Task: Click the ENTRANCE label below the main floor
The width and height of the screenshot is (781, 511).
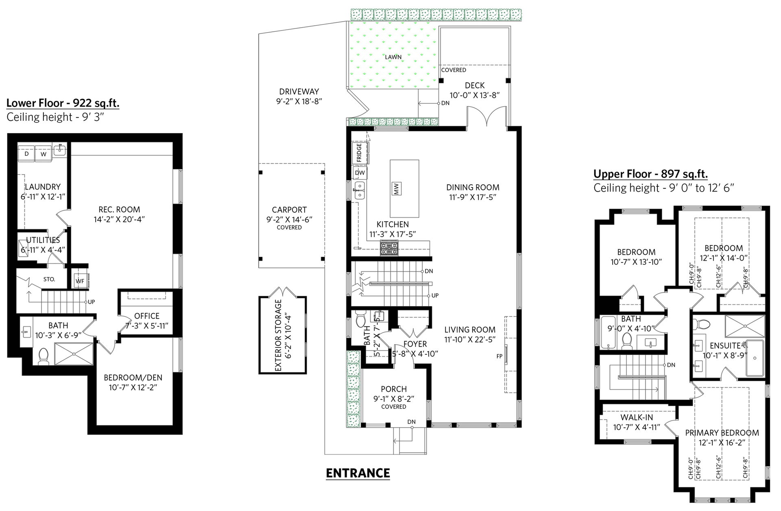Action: [358, 473]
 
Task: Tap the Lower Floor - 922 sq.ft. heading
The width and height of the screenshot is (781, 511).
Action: [63, 103]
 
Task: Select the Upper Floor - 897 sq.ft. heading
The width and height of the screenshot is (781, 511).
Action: [650, 174]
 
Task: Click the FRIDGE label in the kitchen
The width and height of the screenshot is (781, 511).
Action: [359, 153]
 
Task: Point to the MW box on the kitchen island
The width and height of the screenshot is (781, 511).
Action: [397, 188]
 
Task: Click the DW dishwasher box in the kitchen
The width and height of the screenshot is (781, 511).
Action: [360, 173]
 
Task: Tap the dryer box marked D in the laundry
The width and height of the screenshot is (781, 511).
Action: [27, 154]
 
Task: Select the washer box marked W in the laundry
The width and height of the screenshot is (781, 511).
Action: [44, 154]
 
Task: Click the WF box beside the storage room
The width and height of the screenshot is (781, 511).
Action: [80, 280]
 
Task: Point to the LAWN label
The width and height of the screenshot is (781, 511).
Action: [393, 57]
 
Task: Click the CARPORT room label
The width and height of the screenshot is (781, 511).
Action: [289, 210]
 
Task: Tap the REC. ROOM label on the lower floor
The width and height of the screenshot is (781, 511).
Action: [119, 210]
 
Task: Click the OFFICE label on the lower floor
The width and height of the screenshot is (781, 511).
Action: [147, 316]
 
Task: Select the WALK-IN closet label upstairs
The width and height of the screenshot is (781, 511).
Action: [637, 417]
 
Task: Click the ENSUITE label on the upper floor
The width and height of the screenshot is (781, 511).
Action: [725, 346]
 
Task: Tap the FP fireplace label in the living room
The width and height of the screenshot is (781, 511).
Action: [500, 356]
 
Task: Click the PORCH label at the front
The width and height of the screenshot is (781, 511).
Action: [394, 389]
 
